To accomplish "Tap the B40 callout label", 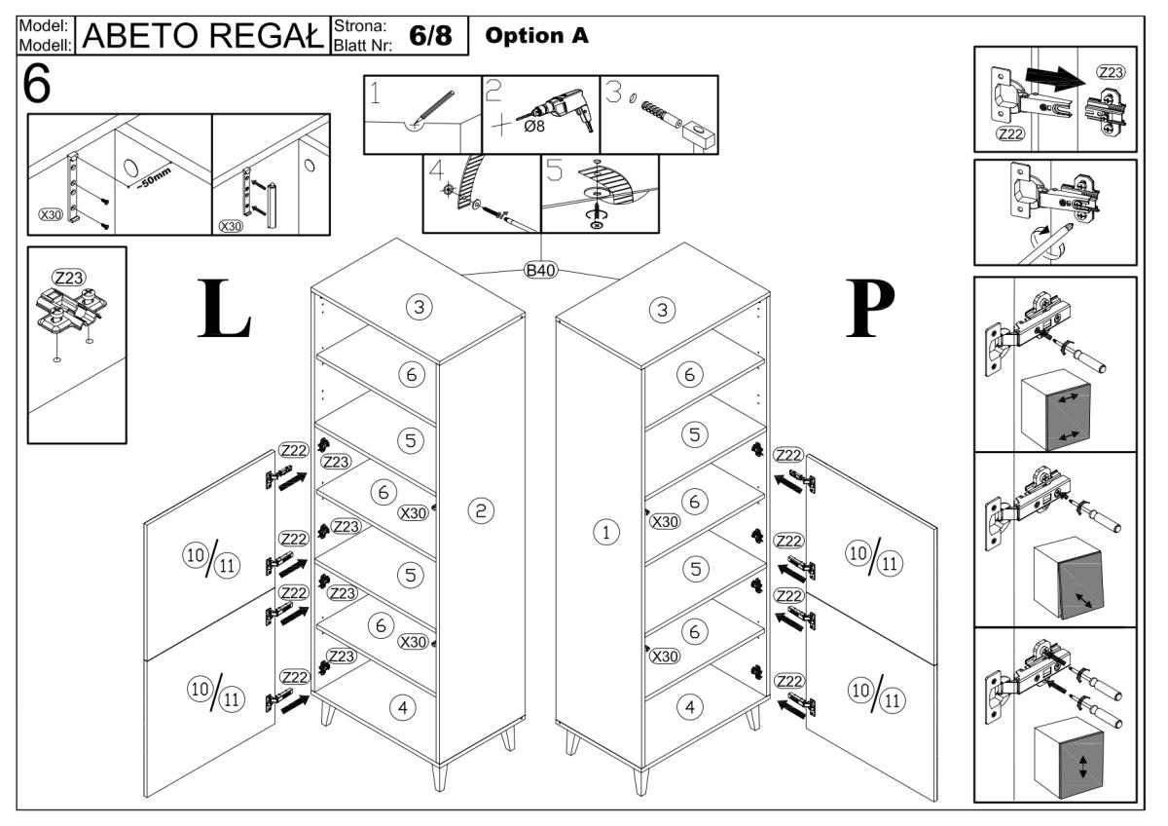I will (x=540, y=271).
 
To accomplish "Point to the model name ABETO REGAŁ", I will (x=205, y=36).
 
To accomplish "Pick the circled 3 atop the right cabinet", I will (x=662, y=310).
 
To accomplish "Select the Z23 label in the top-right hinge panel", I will (x=1110, y=72).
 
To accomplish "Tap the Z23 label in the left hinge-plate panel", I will (x=67, y=278).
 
